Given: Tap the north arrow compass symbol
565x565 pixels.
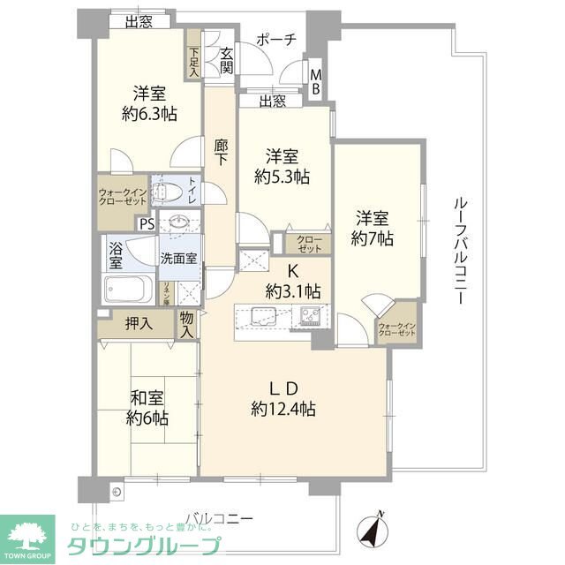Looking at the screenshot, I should pos(373,530).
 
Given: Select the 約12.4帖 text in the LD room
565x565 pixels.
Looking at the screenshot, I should pos(283,409).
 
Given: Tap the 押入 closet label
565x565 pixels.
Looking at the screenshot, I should pos(139,324).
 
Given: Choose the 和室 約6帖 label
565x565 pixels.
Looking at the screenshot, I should pos(147,408).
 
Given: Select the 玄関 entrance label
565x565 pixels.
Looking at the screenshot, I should pos(226,59).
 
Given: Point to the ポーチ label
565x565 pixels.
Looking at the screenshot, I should pos(275,40).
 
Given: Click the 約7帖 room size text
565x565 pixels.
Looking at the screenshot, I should pos(372,238).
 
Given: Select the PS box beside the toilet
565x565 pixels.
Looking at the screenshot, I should pos(146,223).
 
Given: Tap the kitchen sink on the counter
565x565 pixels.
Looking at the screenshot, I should pos(261,316).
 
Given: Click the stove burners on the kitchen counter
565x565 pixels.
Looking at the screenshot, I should pos(309,316).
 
